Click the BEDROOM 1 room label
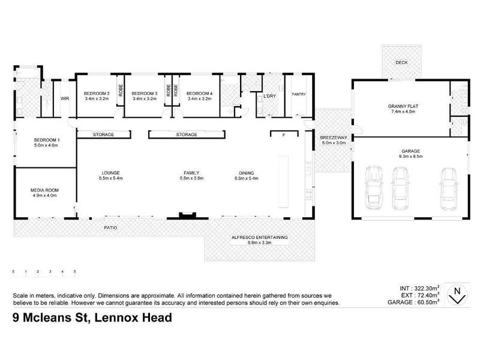46,139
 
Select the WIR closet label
63,100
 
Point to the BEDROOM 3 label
144,94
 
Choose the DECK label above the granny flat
401,63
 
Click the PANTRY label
298,94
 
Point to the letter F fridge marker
283,135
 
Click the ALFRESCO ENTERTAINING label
260,238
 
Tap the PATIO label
110,228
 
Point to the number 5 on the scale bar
74,272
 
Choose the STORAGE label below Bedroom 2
103,135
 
